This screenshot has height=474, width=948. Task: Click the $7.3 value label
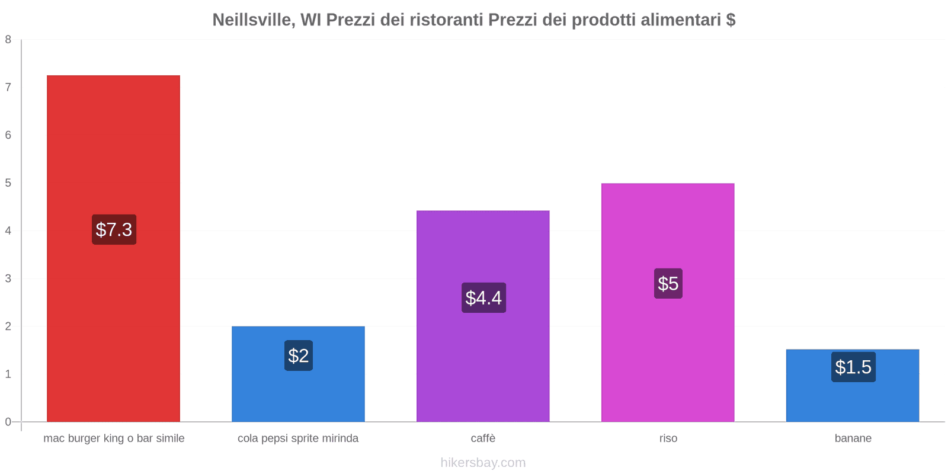114,229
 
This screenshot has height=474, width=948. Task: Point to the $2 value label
298,355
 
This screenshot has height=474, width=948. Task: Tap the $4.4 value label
483,297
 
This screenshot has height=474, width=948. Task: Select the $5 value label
668,283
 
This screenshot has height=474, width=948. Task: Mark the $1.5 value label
853,367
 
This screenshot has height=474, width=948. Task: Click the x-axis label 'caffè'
483,438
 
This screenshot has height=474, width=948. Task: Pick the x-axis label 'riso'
668,438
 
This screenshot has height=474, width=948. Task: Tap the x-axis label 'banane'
853,438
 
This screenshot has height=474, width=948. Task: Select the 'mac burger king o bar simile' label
114,438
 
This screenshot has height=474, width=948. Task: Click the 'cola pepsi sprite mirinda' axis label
298,438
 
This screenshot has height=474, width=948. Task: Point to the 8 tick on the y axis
8,40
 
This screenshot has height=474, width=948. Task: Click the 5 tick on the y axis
8,183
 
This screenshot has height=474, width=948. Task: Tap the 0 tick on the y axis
8,422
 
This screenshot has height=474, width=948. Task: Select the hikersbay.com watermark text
483,463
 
